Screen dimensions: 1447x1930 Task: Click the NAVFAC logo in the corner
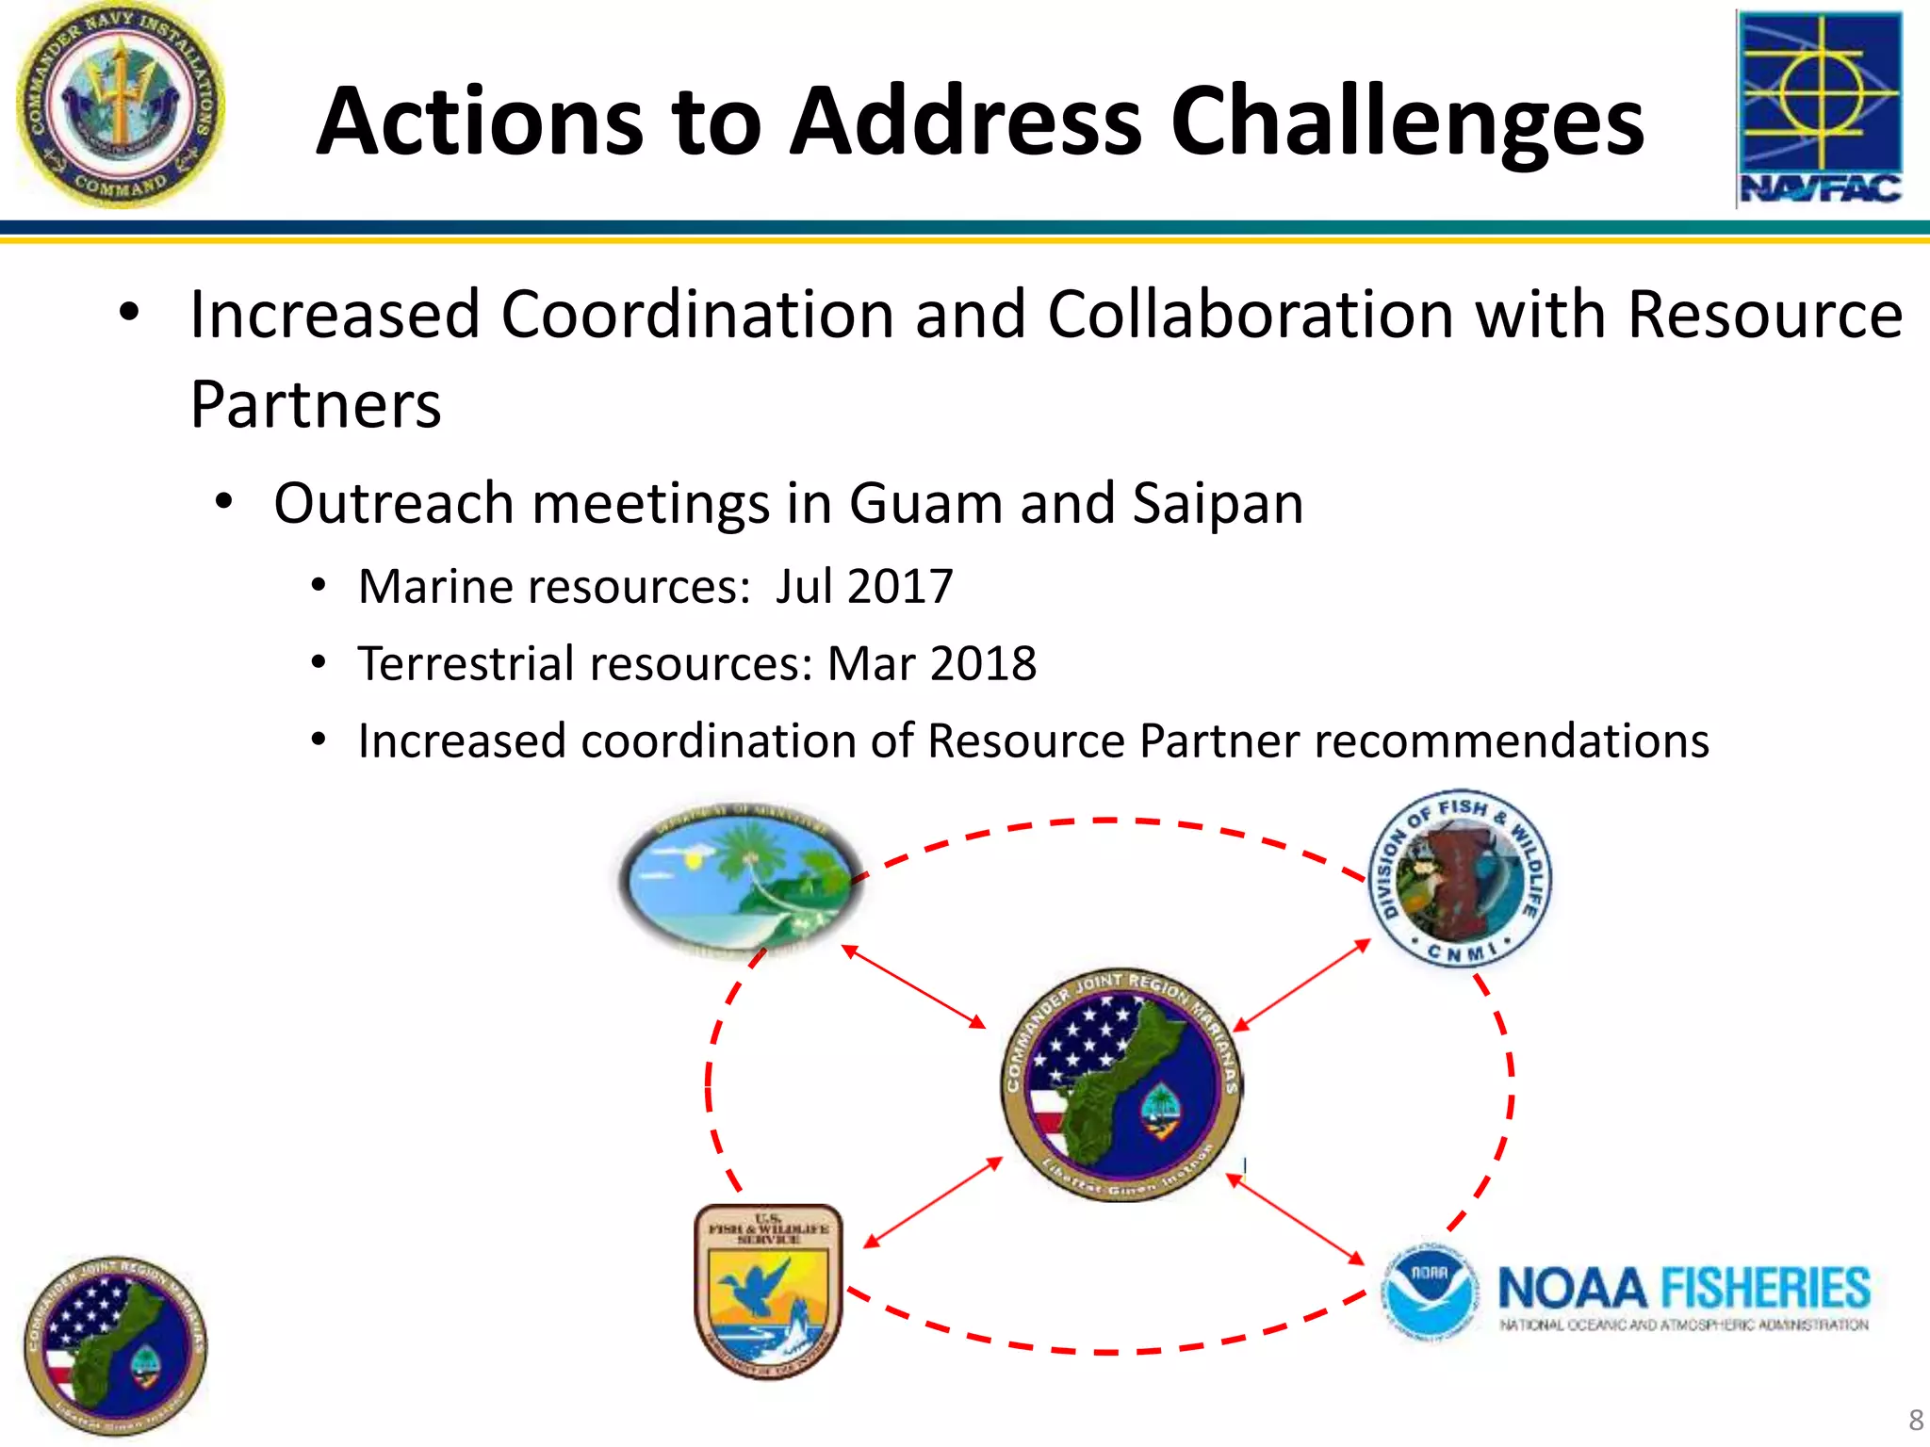pyautogui.click(x=1819, y=108)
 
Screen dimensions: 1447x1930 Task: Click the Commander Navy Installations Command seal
pyautogui.click(x=120, y=104)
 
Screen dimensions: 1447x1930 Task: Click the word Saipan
pyautogui.click(x=1218, y=503)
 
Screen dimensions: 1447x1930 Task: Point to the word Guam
pyautogui.click(x=925, y=503)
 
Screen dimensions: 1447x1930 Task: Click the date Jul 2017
pyautogui.click(x=863, y=586)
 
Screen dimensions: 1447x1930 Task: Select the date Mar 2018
pyautogui.click(x=931, y=663)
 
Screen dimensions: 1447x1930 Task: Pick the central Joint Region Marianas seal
pyautogui.click(x=1120, y=1083)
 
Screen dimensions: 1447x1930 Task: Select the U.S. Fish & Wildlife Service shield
pyautogui.click(x=768, y=1292)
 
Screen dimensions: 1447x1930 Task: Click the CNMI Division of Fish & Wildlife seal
pyautogui.click(x=1459, y=878)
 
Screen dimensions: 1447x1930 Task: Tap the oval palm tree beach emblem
pyautogui.click(x=741, y=881)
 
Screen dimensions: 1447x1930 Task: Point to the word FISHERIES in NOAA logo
pyautogui.click(x=1764, y=1288)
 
